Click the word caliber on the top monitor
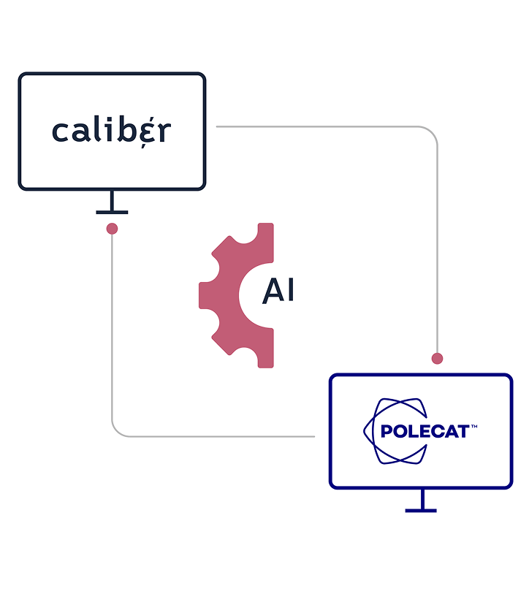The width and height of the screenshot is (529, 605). click(111, 132)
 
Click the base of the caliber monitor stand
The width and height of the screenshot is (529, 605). click(112, 212)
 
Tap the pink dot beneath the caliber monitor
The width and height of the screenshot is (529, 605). click(112, 229)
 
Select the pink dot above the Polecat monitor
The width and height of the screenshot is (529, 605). click(437, 358)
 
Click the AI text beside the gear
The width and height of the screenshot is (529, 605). click(278, 291)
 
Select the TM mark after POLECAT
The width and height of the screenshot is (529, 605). click(473, 425)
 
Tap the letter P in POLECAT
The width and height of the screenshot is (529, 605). click(387, 431)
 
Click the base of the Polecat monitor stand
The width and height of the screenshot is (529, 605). click(421, 510)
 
